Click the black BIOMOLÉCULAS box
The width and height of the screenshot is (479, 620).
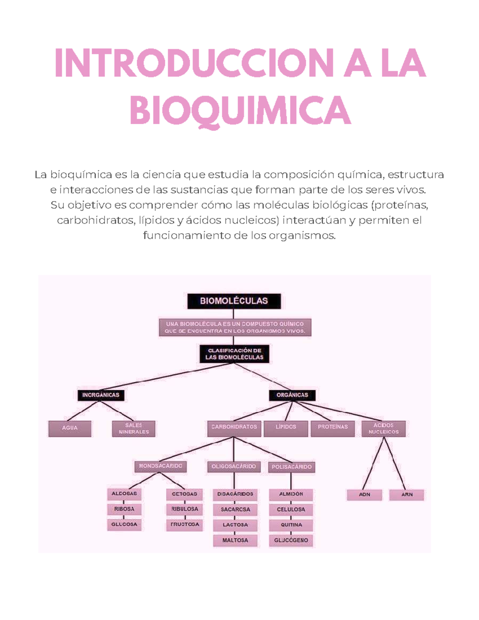coord(234,301)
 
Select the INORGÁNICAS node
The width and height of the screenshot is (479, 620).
coord(101,395)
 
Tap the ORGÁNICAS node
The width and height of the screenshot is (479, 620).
coord(292,395)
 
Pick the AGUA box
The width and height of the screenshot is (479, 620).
coord(70,428)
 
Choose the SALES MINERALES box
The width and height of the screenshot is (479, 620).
coord(134,428)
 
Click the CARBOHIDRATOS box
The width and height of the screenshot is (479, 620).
coord(234,428)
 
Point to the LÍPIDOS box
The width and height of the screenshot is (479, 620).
coord(286,428)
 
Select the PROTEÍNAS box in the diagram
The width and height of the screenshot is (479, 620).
coord(333,428)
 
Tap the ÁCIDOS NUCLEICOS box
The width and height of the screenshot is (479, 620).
coord(384,428)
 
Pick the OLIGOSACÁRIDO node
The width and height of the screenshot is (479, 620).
coord(234,467)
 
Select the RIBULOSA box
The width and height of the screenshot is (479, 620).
coord(184,509)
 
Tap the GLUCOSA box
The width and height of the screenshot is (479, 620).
coord(124,525)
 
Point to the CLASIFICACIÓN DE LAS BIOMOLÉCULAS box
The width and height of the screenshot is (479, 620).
coord(234,354)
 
